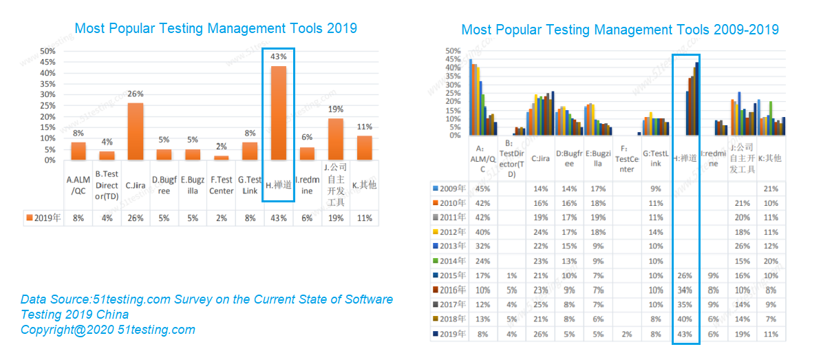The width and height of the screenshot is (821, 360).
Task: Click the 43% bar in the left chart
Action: [279, 113]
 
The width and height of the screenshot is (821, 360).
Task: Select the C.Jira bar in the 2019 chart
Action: [136, 131]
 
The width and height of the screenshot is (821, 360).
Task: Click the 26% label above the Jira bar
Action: [136, 94]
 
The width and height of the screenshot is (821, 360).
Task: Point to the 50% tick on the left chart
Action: [47, 52]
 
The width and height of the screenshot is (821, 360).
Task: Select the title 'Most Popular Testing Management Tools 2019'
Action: [215, 29]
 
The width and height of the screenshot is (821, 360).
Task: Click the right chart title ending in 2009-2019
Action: [619, 30]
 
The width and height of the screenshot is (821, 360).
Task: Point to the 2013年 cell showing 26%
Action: [743, 246]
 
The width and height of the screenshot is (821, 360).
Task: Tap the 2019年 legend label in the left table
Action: [44, 218]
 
